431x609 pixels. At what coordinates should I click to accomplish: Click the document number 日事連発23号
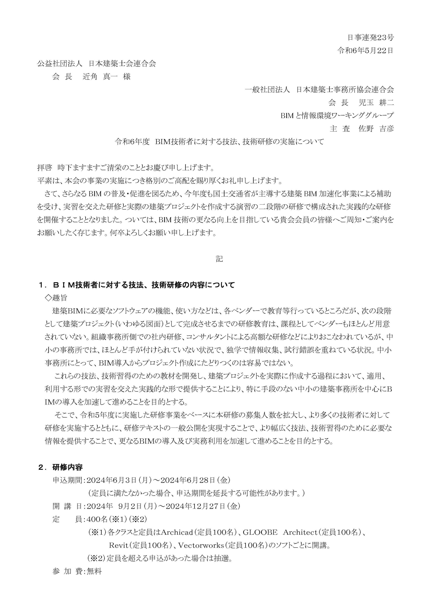pos(371,38)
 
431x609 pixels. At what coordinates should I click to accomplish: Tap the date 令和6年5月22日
pos(365,51)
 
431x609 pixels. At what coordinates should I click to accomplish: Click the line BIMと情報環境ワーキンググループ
pos(337,116)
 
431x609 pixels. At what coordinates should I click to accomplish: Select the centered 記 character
pos(219,259)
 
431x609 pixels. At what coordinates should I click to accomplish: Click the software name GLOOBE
pos(260,532)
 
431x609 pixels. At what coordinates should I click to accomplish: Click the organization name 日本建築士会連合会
pos(122,64)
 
